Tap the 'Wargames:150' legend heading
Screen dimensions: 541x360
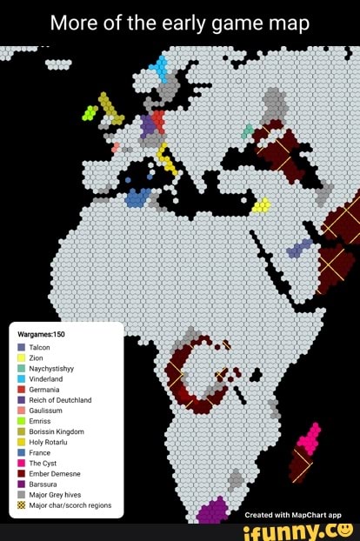43,333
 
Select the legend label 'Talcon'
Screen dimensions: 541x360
40,346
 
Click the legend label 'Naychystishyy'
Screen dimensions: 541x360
51,368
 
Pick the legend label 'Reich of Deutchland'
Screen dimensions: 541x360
60,400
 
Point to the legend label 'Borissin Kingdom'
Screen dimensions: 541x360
57,431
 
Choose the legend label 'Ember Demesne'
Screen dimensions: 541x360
54,473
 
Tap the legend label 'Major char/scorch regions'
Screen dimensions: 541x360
70,504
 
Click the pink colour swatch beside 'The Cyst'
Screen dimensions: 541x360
21,463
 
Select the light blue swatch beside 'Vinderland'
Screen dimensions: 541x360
21,378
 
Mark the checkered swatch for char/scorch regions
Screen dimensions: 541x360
21,504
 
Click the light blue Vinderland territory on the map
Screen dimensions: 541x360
158,69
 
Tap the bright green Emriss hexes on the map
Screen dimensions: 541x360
90,112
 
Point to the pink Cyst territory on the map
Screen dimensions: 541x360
306,438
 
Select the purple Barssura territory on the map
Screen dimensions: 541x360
212,511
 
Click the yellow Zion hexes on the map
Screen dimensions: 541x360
261,205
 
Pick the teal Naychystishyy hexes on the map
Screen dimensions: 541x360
248,130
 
